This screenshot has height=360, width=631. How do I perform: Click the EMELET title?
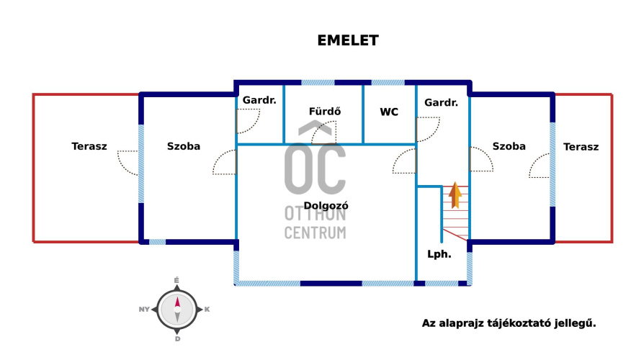[x=348, y=40]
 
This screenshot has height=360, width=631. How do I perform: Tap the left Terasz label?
[x=89, y=146]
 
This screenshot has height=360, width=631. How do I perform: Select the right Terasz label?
[x=581, y=146]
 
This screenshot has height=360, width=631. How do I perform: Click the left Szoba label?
[x=184, y=146]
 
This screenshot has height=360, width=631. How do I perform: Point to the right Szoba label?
[x=509, y=146]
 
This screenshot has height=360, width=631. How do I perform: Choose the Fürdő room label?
[x=324, y=112]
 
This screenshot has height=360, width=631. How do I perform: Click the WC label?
[x=389, y=112]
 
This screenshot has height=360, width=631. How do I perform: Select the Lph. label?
[x=439, y=253]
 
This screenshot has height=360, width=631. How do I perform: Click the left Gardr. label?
[x=259, y=100]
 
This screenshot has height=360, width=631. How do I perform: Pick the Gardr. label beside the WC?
[x=442, y=103]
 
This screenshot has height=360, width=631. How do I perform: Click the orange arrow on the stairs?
[x=455, y=194]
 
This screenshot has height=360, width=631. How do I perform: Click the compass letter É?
[x=176, y=279]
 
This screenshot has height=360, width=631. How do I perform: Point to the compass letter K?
[x=207, y=309]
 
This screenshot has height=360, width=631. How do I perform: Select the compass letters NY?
[x=144, y=309]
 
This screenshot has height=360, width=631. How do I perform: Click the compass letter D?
[x=176, y=338]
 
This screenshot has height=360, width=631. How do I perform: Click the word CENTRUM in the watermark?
[x=315, y=233]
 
